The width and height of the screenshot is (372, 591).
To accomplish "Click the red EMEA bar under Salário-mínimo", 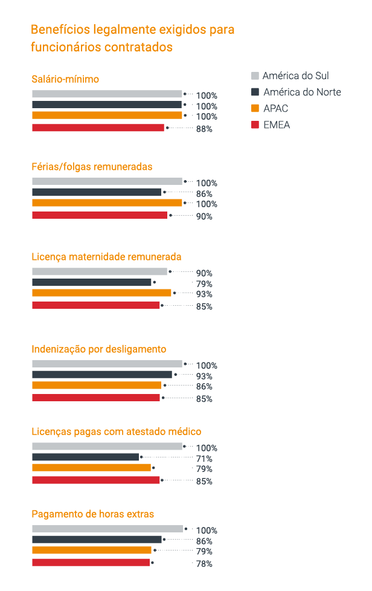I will point(98,128).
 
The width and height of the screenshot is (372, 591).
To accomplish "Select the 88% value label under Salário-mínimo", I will point(204,129).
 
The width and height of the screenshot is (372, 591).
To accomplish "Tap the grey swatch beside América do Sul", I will point(255,76).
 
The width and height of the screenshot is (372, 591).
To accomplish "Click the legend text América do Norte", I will point(302,92).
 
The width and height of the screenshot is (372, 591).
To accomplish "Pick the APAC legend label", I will point(275,109).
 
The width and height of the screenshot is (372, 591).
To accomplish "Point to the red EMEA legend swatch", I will point(255,125).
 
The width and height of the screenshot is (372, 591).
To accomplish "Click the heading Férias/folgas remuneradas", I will point(92,167).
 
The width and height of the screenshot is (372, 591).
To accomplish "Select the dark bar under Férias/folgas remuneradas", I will point(97,192).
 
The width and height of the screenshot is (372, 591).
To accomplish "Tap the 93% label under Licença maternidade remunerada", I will point(204,294).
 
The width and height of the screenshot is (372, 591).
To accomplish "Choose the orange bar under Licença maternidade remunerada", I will point(101,293).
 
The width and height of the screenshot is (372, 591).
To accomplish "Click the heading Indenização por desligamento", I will point(98,349).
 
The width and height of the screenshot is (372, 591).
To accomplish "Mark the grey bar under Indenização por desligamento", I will point(107,364).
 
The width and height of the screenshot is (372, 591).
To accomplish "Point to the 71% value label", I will point(204,459).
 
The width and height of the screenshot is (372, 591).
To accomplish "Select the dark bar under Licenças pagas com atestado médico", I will point(85,457).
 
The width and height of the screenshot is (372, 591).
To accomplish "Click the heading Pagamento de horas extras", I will point(92,514).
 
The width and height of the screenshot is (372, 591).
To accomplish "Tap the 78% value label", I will point(204,564).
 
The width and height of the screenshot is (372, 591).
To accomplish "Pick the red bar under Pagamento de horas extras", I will point(91,563).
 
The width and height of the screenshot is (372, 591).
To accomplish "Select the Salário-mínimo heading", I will point(65,79).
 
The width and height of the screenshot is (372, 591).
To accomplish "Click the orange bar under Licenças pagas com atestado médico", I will point(91,468).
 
